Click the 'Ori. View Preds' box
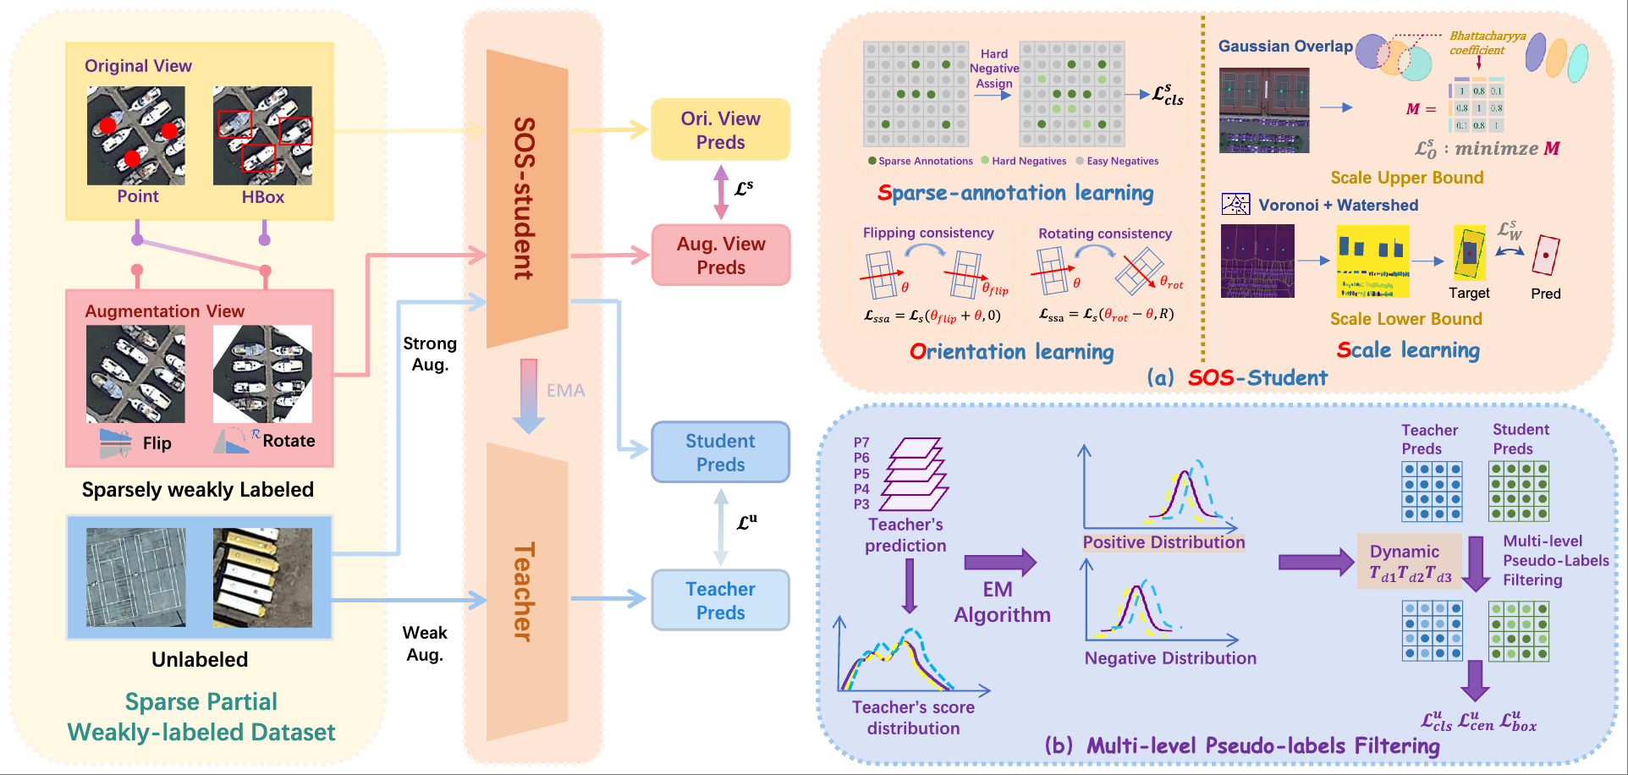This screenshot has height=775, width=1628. pos(720,129)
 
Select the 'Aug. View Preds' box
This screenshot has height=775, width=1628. pos(720,255)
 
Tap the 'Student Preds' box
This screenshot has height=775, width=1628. pos(720,453)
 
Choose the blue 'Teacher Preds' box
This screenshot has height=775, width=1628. pos(720,600)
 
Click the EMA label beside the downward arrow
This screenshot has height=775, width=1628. pos(565,390)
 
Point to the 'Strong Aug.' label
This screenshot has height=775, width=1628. pos(430,354)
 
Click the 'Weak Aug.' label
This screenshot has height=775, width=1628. pos(425,643)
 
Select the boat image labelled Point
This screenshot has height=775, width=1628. pos(135,135)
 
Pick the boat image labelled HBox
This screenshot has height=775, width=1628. pos(262,135)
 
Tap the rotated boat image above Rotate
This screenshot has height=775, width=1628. pos(262,374)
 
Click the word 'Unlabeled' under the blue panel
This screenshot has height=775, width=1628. pos(200,659)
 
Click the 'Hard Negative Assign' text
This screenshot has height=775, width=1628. pos(994,69)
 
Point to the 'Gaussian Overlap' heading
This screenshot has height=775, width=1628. pos(1285,47)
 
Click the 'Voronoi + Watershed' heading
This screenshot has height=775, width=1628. pos(1338,205)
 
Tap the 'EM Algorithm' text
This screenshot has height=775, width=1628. pos(1002,602)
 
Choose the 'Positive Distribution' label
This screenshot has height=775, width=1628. pos(1163,542)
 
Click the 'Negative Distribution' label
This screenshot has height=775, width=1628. pos(1170,657)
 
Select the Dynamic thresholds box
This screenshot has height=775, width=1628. pos(1410,562)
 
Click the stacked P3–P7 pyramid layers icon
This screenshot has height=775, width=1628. pos(914,474)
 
